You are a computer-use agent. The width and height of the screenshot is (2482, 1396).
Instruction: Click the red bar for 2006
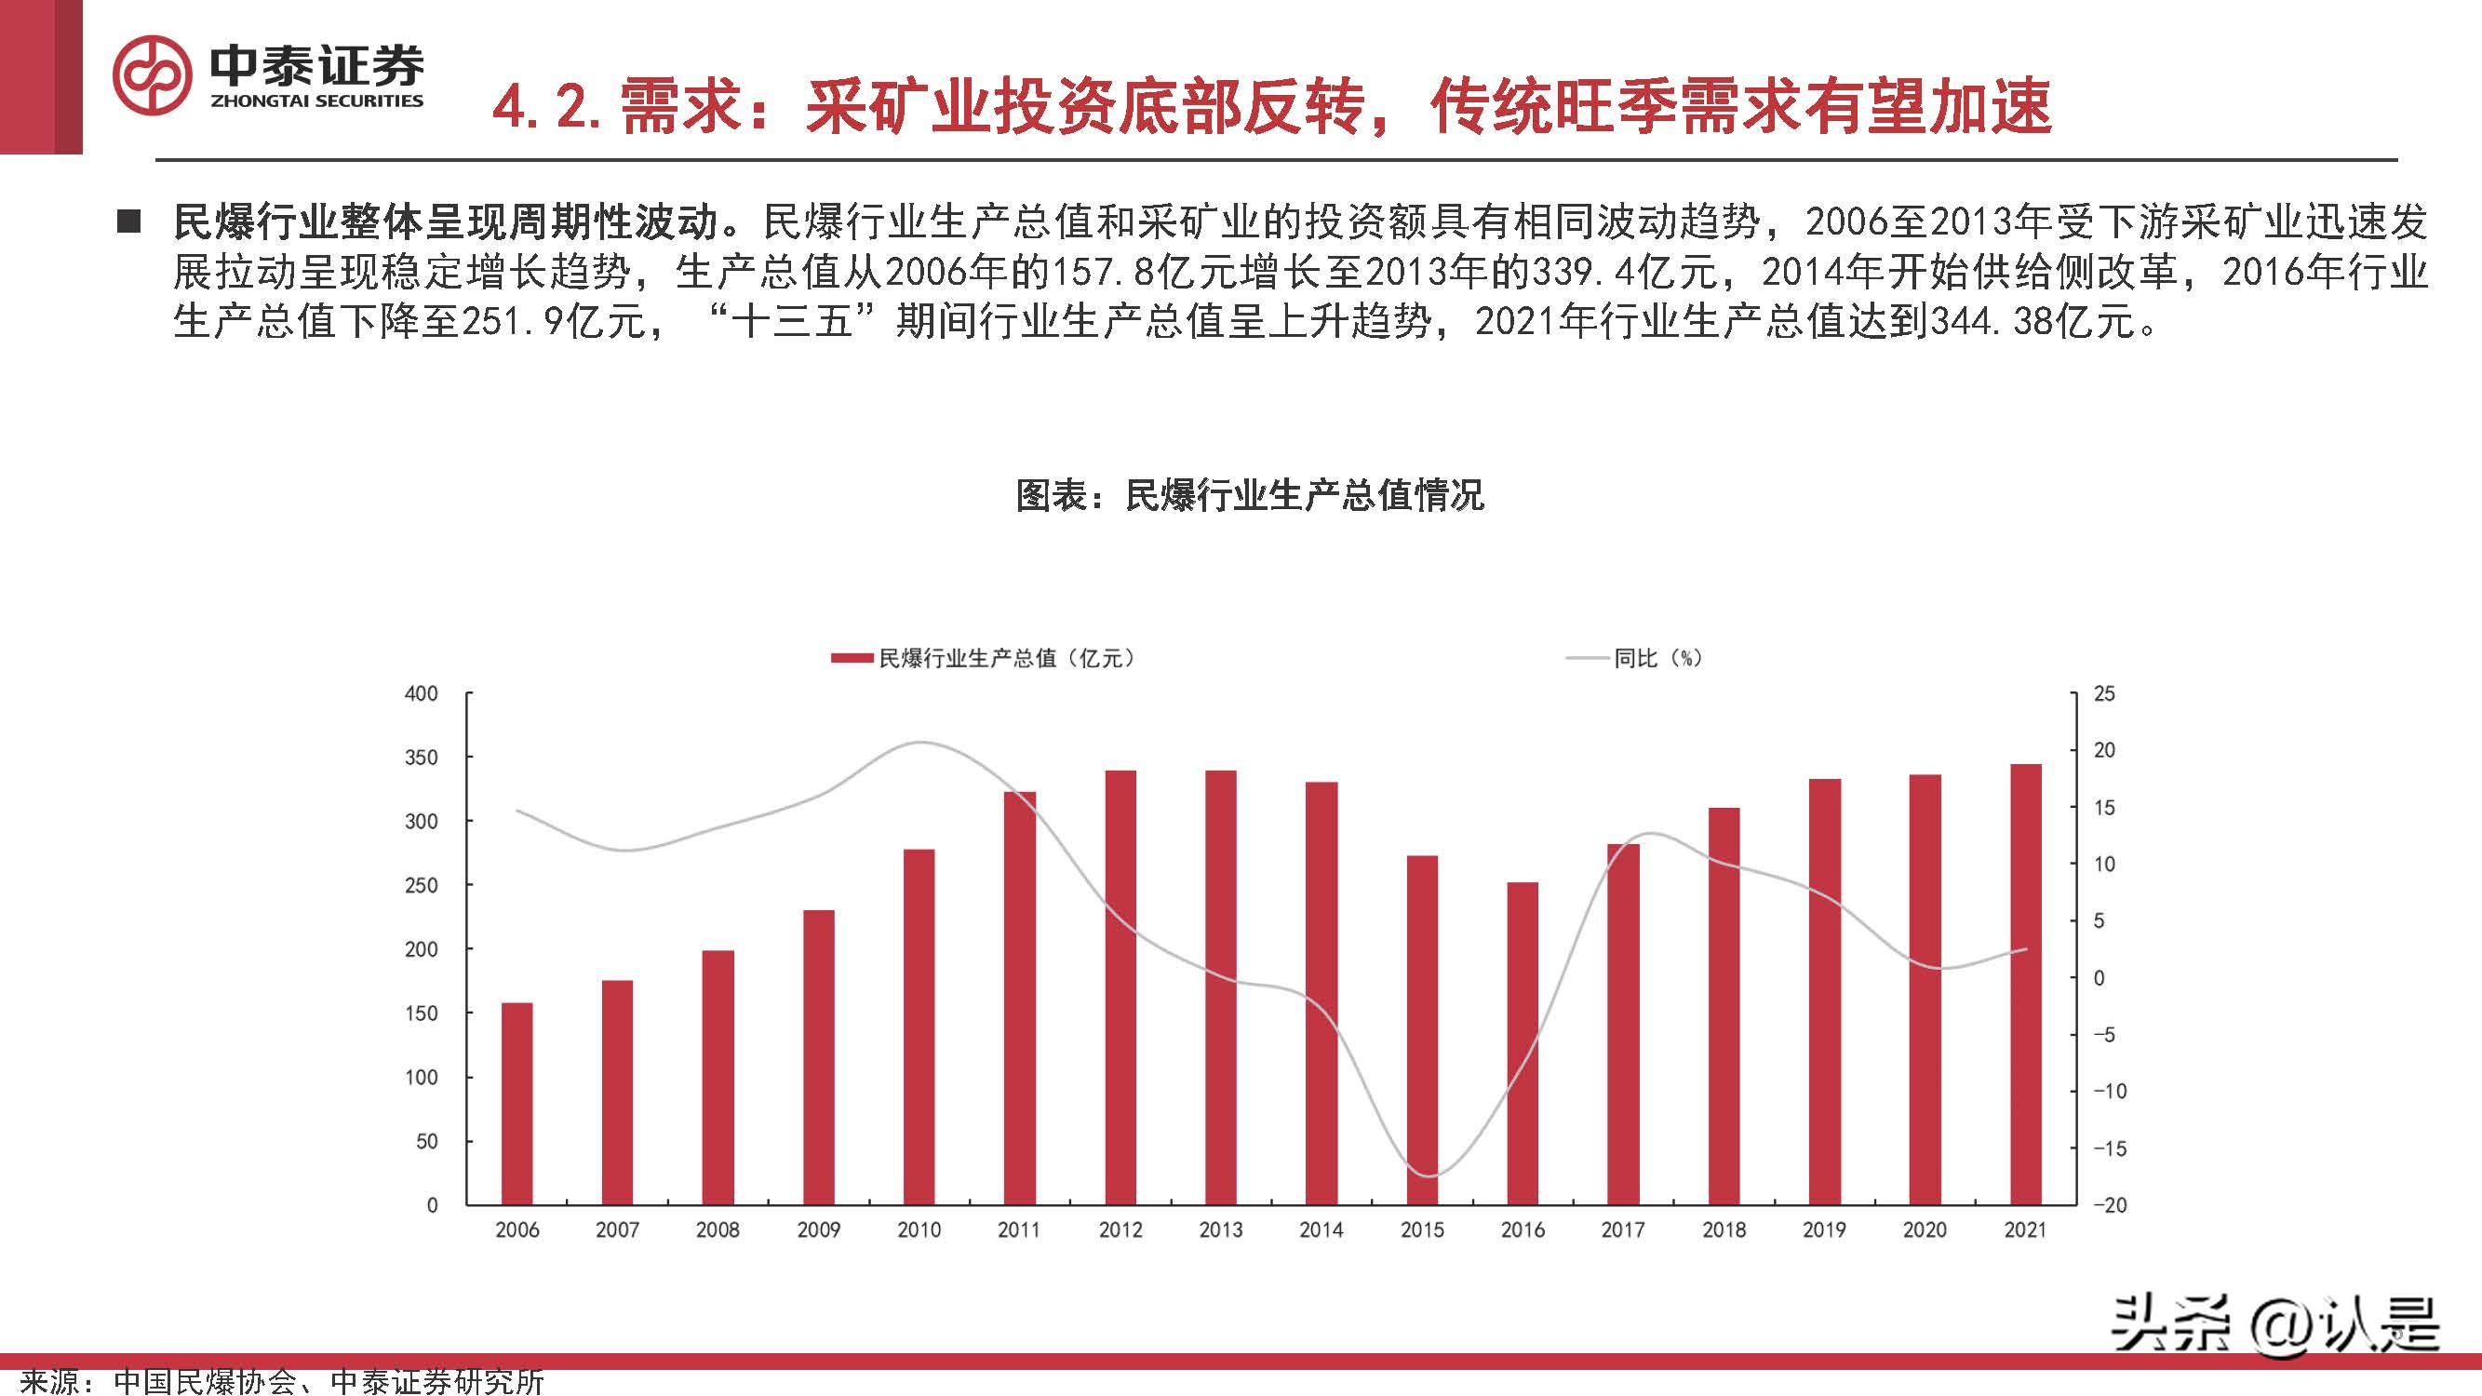click(517, 1103)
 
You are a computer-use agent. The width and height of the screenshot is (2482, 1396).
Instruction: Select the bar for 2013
click(1221, 987)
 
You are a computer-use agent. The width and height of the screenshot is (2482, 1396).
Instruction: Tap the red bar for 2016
click(1523, 1043)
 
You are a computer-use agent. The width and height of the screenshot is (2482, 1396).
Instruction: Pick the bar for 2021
click(2025, 984)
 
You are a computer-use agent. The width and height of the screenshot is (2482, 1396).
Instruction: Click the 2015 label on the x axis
click(1422, 1230)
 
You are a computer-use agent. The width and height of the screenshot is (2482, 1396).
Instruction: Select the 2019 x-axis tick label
click(1824, 1230)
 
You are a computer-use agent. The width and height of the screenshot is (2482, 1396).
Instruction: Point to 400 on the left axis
click(421, 693)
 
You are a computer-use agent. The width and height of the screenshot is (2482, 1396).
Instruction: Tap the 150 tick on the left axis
click(421, 1013)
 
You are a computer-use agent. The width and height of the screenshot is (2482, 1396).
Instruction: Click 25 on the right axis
click(2104, 693)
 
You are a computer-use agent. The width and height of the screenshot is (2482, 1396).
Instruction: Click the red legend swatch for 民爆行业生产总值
click(852, 659)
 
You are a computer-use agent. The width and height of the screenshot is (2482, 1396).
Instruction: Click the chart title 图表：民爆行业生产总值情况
click(1250, 495)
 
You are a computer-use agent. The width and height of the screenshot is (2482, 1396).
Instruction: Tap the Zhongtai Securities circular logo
click(153, 75)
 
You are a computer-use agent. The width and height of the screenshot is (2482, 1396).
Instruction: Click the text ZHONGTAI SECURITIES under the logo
click(316, 101)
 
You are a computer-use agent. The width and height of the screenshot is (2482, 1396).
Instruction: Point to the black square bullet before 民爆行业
click(127, 222)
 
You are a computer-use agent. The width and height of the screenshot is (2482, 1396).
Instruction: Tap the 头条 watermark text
click(2167, 1322)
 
